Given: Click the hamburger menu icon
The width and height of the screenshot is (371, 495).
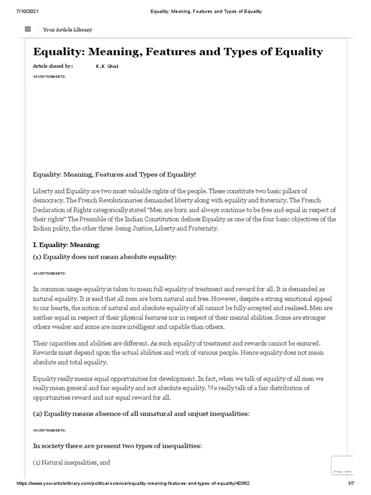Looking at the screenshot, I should (28, 29).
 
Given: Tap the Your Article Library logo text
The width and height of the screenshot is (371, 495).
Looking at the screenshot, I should (67, 29).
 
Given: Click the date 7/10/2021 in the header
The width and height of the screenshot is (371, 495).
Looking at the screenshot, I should (20, 11).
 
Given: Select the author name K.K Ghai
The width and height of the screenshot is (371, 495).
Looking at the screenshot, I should (107, 66).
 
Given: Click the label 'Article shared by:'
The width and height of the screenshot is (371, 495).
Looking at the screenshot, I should (53, 66).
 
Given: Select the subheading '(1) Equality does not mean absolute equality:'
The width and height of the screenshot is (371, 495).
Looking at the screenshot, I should (105, 257).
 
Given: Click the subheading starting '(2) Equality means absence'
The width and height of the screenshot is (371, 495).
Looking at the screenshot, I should (141, 413).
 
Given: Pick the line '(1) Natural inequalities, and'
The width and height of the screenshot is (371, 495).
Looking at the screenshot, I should (71, 463).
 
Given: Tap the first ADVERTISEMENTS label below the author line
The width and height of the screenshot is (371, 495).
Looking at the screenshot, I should (49, 76).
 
